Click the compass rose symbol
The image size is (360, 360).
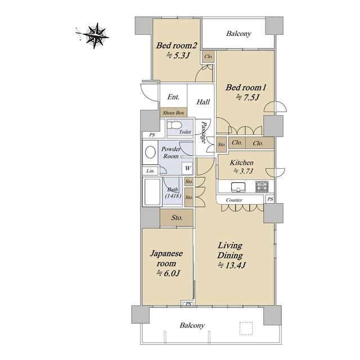(94, 35)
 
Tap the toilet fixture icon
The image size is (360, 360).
(174, 125)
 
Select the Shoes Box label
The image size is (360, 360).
(173, 112)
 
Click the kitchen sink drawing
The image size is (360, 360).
(238, 187)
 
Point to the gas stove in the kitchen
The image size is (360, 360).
(262, 186)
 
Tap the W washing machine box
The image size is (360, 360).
(188, 168)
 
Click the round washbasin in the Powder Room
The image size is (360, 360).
(150, 152)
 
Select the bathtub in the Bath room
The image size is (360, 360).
(152, 192)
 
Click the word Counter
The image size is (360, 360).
(234, 200)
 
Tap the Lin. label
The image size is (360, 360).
(150, 171)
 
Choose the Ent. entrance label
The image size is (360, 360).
(173, 97)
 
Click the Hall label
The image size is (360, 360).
(203, 102)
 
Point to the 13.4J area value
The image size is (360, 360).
(231, 265)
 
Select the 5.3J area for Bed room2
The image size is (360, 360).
(178, 55)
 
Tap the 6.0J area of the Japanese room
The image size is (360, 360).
(168, 273)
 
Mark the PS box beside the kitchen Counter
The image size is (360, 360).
(270, 199)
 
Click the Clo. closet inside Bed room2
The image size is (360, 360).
(208, 56)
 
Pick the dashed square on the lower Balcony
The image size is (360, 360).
(246, 328)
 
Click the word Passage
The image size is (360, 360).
(204, 132)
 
